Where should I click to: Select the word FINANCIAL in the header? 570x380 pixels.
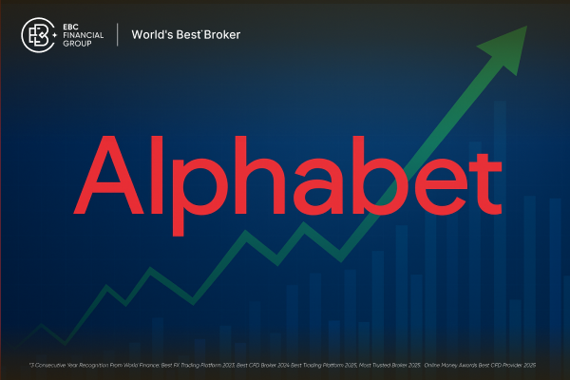pos(82,35)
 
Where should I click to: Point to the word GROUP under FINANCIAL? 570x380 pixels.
pos(75,45)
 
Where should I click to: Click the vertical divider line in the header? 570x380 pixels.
pos(117,35)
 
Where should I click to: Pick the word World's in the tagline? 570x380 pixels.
pos(149,35)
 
